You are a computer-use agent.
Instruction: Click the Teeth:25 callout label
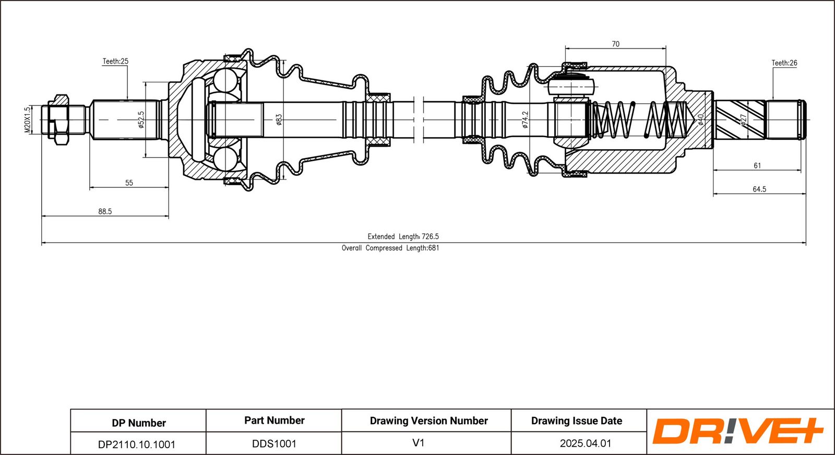point(115,62)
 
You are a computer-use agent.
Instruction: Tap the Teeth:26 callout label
point(784,63)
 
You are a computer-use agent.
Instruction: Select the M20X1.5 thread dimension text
point(27,120)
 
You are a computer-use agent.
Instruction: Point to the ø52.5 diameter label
point(141,120)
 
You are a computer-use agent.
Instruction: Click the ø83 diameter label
point(279,119)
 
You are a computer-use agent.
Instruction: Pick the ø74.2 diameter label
point(525,119)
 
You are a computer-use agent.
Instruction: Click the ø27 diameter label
point(743,119)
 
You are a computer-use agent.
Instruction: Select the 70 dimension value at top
point(615,44)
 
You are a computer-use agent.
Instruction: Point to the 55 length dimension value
point(129,183)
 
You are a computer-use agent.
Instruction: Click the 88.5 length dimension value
point(105,211)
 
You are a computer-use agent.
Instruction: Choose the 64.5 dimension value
point(759,189)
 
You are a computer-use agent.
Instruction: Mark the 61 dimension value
point(757,165)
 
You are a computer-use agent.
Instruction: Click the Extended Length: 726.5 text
point(403,236)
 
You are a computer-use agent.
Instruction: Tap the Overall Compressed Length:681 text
point(390,248)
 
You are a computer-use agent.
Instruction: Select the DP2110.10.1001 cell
point(136,444)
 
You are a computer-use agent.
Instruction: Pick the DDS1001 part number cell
point(274,444)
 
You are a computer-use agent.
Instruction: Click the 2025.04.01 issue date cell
point(586,444)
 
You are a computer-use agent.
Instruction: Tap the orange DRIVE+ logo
point(737,431)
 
